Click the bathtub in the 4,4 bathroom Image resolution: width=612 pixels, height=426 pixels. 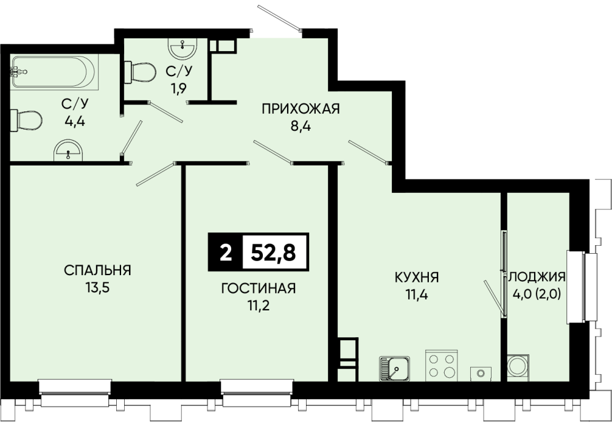pos(53,72)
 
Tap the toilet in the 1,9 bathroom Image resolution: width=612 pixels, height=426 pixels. pos(140,72)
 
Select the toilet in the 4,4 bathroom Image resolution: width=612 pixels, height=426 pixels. pos(26,120)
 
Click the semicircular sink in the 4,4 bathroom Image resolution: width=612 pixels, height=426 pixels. pos(68,150)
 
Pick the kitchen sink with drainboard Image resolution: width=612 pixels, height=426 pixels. pos(394,368)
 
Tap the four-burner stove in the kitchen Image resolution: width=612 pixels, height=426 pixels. pos(442,365)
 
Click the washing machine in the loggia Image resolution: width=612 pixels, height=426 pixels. pos(518,367)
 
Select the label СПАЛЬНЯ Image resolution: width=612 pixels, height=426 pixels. pos(97,270)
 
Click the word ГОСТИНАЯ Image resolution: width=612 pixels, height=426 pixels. pos(259,288)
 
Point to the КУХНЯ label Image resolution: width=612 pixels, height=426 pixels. pos(417,278)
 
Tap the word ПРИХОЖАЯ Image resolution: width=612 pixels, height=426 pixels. pos(301,108)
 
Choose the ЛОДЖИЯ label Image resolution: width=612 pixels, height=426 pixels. pos(537,277)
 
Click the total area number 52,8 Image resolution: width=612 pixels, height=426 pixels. pos(273,252)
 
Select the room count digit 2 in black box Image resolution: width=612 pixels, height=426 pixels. pos(226,253)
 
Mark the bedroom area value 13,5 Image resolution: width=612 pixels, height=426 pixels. pos(97,288)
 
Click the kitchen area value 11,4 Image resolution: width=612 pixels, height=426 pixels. pos(417,295)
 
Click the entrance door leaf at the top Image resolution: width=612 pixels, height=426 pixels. pos(279,18)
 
